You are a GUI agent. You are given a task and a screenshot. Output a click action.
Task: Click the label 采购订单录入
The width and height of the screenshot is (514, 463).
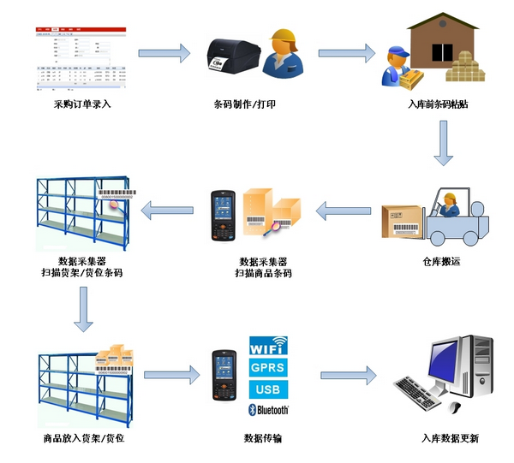tap(82, 105)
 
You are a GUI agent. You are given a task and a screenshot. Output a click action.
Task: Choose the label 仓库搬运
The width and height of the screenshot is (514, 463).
tap(442, 261)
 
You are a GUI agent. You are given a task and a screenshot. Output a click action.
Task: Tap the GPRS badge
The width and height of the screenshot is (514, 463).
tap(268, 368)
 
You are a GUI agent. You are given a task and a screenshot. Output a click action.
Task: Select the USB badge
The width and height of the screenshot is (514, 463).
tap(268, 389)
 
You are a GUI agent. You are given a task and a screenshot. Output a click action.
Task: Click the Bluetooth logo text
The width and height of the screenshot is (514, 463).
tap(268, 410)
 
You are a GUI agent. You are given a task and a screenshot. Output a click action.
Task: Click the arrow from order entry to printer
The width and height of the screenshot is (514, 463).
tap(164, 53)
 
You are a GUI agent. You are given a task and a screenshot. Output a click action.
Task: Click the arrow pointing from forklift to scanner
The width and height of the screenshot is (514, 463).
tap(344, 208)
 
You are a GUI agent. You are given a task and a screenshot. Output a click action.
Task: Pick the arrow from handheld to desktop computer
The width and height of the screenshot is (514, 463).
tap(348, 374)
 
